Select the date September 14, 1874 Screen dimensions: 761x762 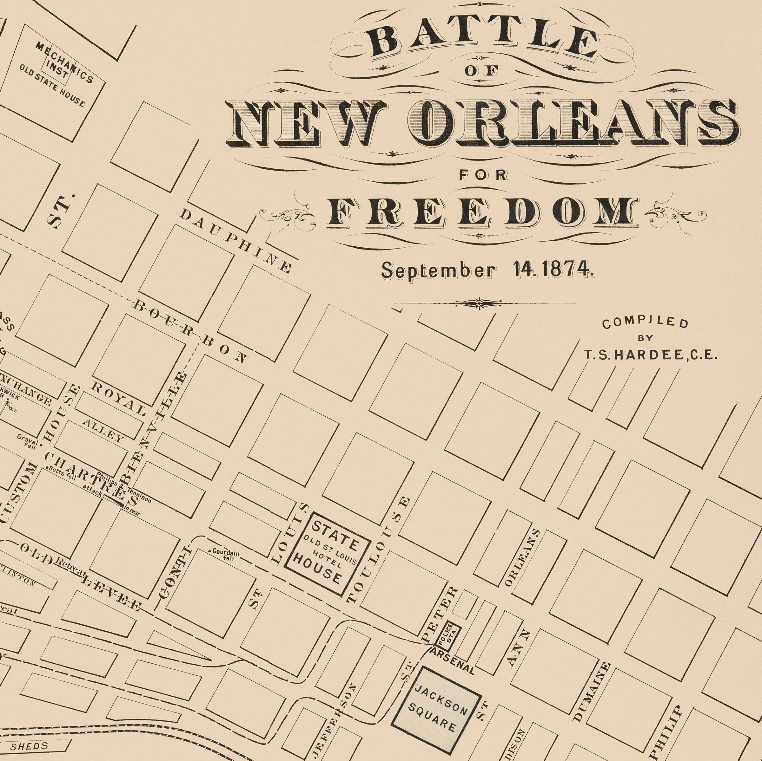pyautogui.click(x=487, y=270)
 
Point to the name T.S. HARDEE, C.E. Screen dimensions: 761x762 pyautogui.click(x=650, y=355)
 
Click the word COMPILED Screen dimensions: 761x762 pyautogui.click(x=645, y=323)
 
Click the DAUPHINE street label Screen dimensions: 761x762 pyautogui.click(x=236, y=241)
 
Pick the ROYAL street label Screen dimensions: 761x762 pyautogui.click(x=119, y=399)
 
